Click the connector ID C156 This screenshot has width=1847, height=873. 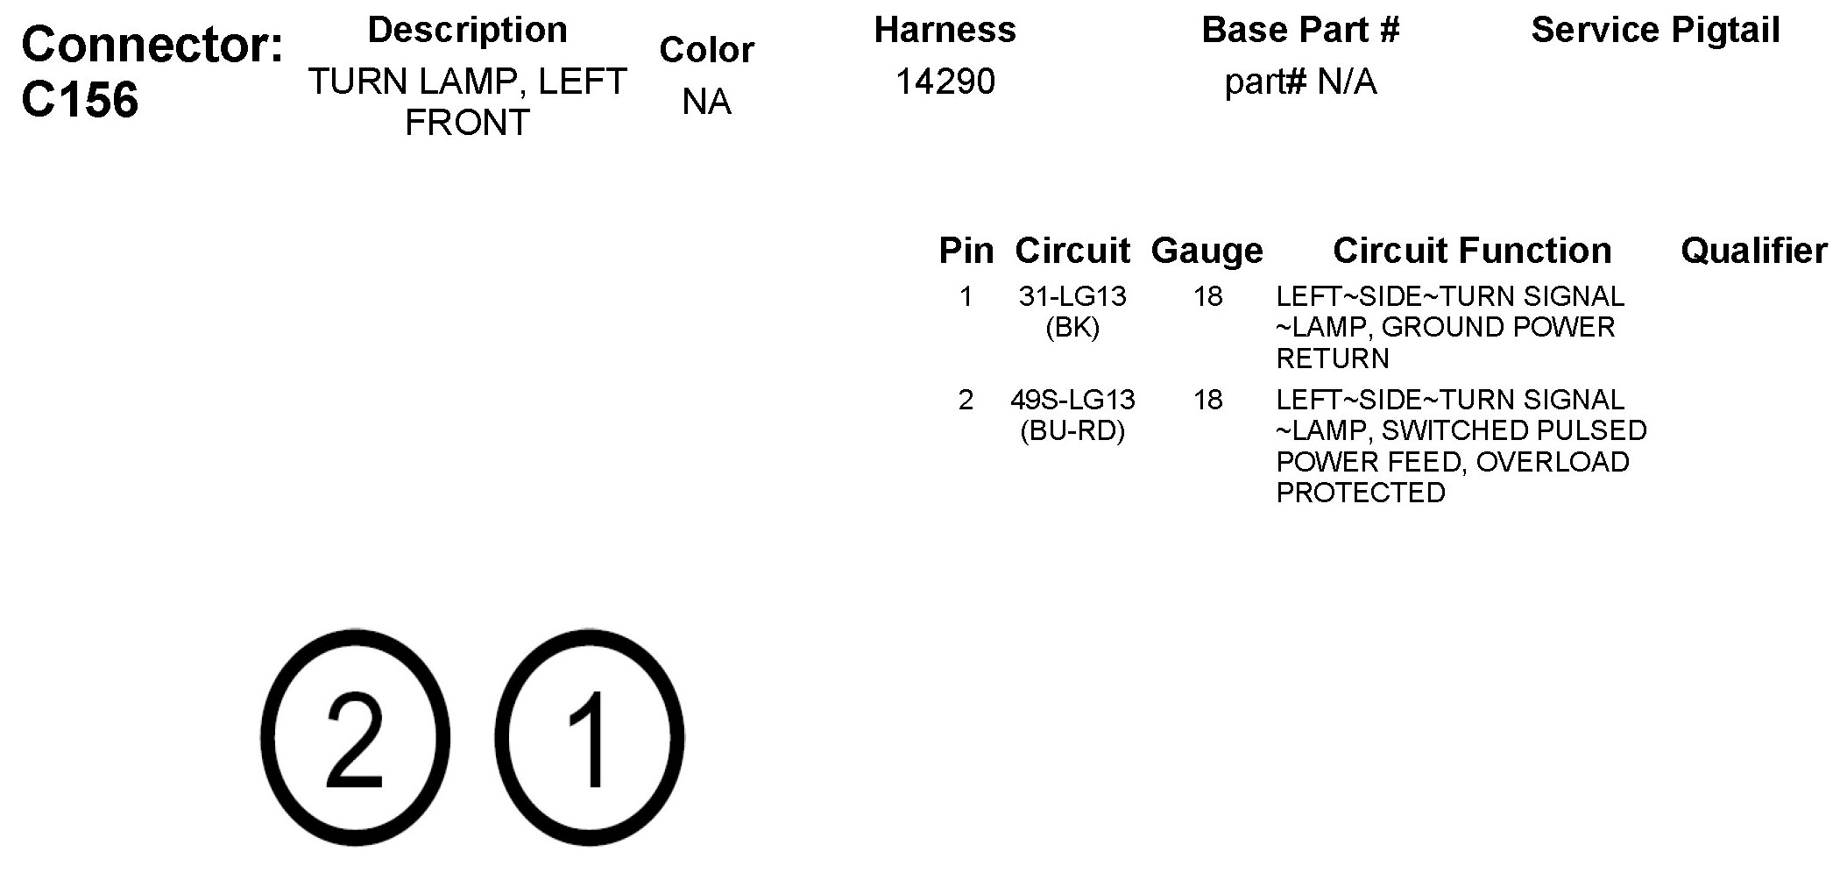[x=80, y=100]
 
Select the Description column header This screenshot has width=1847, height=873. [x=467, y=30]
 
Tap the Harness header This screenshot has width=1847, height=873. [x=945, y=30]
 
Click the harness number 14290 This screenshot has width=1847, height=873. [x=945, y=82]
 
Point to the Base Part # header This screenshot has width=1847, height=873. [x=1300, y=30]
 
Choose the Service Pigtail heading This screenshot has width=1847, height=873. [x=1655, y=31]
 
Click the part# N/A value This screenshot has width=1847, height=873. [x=1300, y=82]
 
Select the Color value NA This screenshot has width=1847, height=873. [x=706, y=102]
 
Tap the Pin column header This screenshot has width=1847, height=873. [x=966, y=251]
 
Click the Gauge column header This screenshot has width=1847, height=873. [x=1207, y=252]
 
